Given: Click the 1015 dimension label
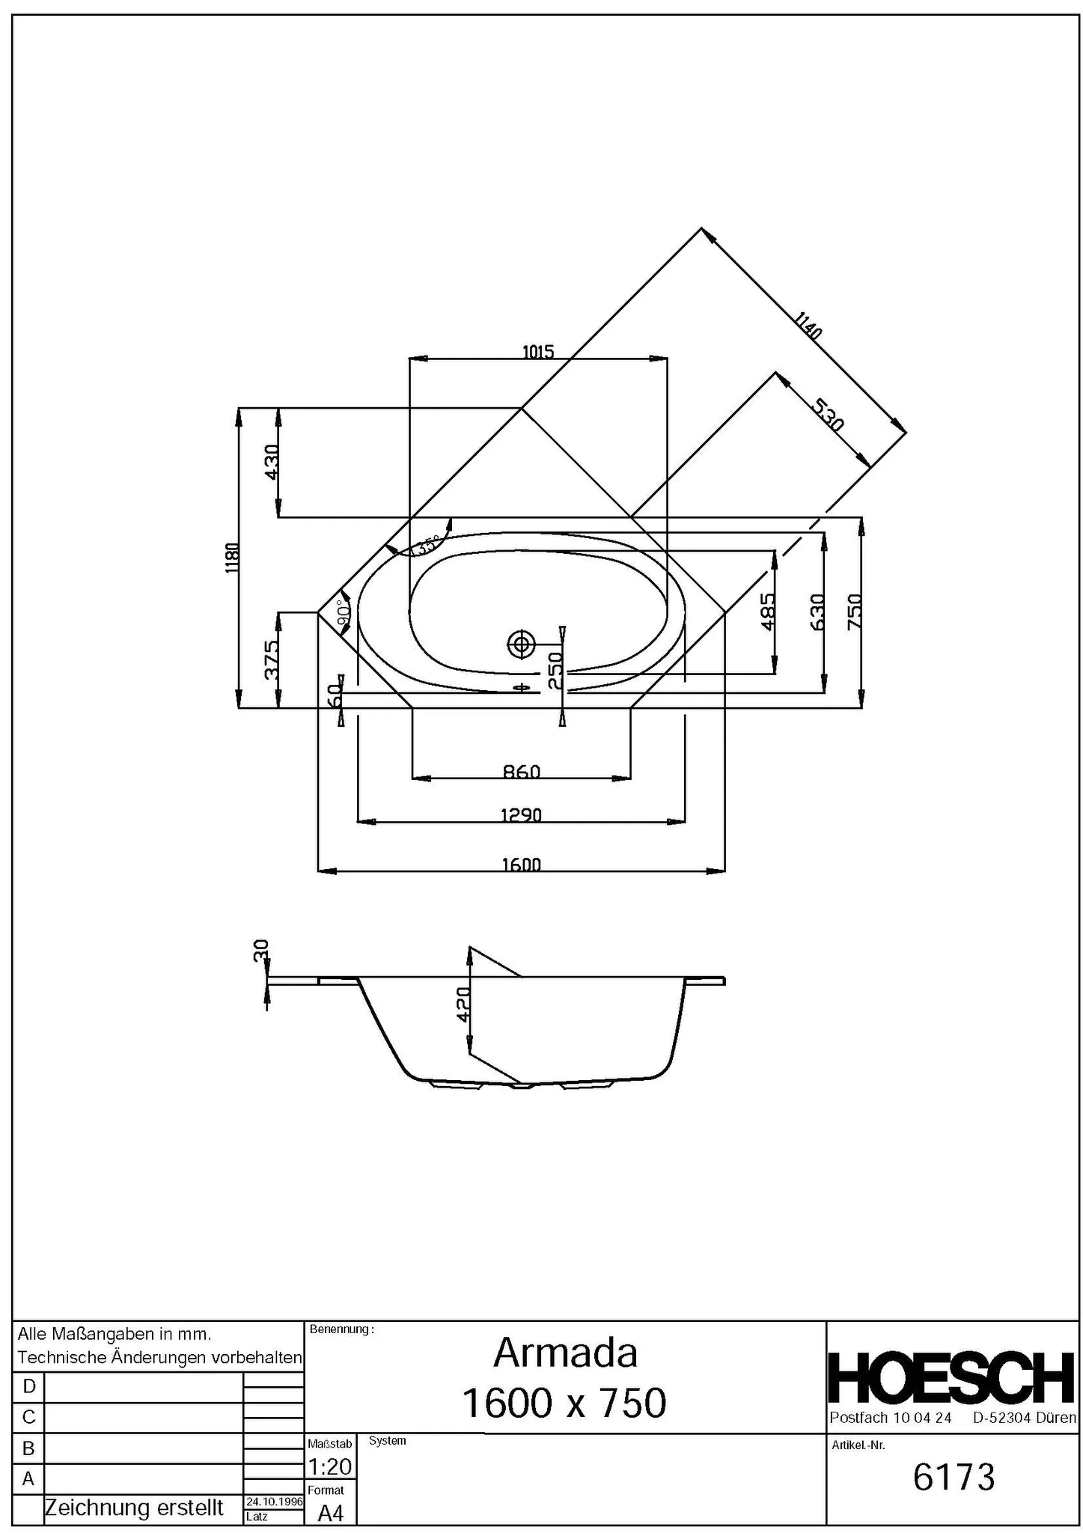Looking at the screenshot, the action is [537, 351].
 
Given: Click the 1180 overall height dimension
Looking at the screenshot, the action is [232, 558].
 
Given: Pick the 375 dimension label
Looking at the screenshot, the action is [272, 659].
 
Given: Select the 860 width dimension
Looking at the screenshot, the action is [521, 771].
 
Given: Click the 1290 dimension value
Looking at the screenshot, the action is [521, 814].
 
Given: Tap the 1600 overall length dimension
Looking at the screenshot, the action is [521, 865].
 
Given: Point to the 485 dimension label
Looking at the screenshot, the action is [767, 612].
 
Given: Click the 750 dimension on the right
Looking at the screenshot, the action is [854, 612].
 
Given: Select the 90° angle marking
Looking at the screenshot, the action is [344, 613].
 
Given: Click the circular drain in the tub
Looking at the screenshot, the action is [520, 643].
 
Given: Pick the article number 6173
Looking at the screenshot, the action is [954, 1477].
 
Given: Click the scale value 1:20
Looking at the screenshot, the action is [329, 1466].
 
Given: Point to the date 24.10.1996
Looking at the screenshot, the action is [274, 1502].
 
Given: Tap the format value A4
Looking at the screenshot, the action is [330, 1513].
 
